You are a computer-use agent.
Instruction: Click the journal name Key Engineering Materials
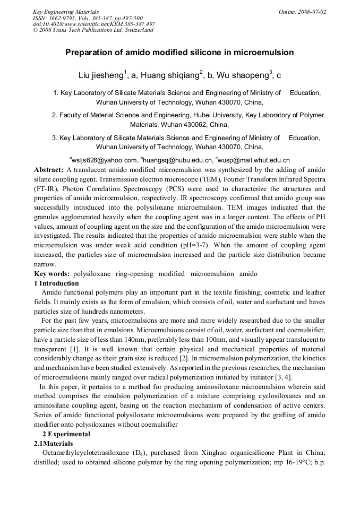(x=65, y=11)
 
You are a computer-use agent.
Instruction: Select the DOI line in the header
(x=94, y=24)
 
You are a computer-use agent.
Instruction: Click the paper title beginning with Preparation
(x=179, y=53)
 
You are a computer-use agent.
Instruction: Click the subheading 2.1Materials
(x=54, y=443)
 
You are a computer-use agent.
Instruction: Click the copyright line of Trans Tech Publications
(x=93, y=30)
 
